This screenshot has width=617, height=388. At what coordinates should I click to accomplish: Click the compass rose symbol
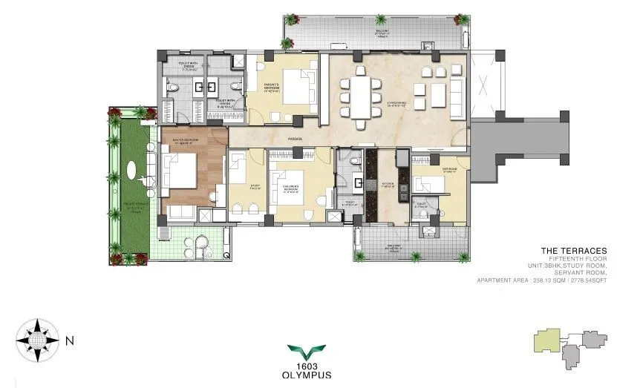[x=36, y=341]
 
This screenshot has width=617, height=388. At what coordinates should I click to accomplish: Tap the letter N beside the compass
[x=69, y=341]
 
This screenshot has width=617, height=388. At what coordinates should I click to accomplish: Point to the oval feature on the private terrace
[x=134, y=177]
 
